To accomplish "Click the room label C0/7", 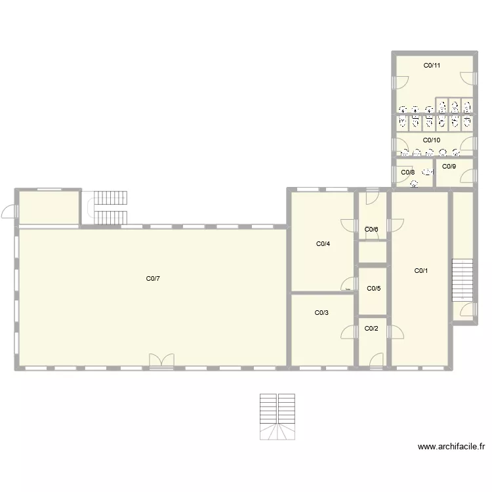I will click(153, 279).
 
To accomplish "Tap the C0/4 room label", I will click(323, 244).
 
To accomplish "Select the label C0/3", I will click(321, 313).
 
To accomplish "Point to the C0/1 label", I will click(420, 270).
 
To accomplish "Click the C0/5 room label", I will click(373, 289).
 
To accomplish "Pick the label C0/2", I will click(371, 328).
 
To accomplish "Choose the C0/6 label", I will click(371, 229).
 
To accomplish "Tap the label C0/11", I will click(432, 66).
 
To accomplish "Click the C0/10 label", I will click(432, 140).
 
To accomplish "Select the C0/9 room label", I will click(449, 167).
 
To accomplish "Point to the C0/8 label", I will click(407, 173).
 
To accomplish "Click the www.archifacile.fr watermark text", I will click(451, 447).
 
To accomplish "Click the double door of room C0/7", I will click(161, 361).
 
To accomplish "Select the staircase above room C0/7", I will click(110, 207).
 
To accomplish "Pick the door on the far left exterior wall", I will click(9, 212).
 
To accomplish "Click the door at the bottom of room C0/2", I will click(377, 360).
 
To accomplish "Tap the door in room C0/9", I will click(466, 175).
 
